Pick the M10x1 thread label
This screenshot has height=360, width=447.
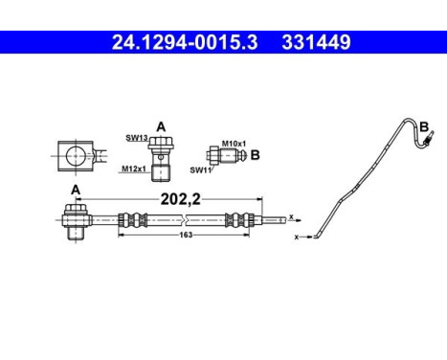(x=234, y=144)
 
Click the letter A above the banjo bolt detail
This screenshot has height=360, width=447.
(x=161, y=125)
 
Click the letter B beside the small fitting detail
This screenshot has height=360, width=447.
(x=255, y=152)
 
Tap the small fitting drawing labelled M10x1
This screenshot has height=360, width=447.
(x=220, y=155)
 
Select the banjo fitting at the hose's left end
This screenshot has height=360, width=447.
(x=75, y=220)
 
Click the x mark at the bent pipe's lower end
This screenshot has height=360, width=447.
(x=298, y=236)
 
